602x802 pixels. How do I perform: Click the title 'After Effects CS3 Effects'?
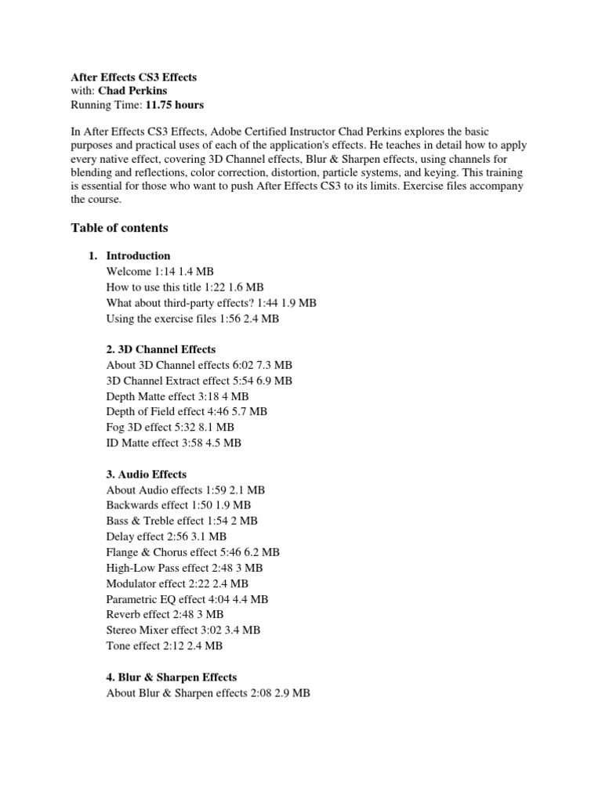(x=134, y=77)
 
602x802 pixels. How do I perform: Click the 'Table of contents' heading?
(x=119, y=228)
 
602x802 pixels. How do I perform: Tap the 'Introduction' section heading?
(x=138, y=255)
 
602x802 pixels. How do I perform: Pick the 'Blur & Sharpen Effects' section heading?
(x=171, y=677)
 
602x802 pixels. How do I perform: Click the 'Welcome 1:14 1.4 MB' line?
(x=159, y=271)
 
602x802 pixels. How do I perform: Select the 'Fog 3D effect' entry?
(x=169, y=427)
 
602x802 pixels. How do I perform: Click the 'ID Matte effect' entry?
(x=173, y=443)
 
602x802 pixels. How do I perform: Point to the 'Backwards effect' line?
(x=178, y=505)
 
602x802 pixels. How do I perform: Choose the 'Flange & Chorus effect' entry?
(x=192, y=551)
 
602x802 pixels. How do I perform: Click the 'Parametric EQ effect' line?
(x=187, y=598)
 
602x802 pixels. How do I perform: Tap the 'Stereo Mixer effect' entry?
(x=183, y=630)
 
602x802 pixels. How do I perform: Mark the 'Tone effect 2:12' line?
(x=164, y=645)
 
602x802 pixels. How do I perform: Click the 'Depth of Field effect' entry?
(x=186, y=411)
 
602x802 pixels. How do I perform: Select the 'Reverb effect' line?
(x=165, y=614)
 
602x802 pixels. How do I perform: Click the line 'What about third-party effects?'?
(x=211, y=302)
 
